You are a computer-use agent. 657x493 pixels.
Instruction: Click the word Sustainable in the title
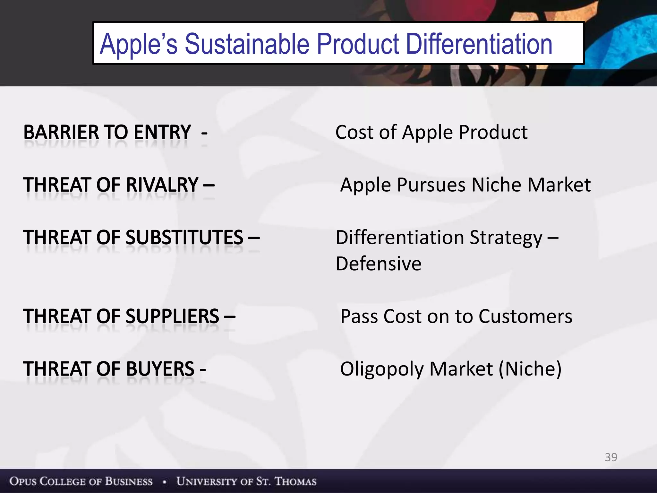click(x=247, y=44)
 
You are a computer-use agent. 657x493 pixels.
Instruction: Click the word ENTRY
click(x=162, y=132)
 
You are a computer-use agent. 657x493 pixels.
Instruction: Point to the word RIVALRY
click(x=162, y=185)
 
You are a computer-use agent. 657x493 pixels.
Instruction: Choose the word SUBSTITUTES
click(x=184, y=238)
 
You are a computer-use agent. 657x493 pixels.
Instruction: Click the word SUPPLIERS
click(x=172, y=316)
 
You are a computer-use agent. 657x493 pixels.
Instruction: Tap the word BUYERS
click(x=160, y=369)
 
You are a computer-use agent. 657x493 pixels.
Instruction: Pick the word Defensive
click(x=379, y=264)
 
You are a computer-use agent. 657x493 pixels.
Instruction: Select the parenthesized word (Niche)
click(x=530, y=369)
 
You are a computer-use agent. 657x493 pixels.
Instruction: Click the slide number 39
click(x=611, y=457)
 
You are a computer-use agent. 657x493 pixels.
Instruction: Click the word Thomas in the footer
click(x=295, y=481)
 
